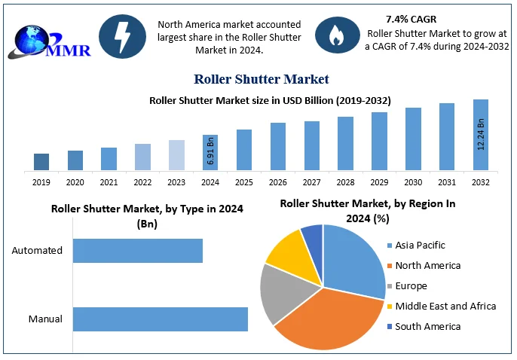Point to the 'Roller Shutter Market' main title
click(261, 79)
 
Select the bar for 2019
click(41, 162)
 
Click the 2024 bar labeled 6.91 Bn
click(210, 152)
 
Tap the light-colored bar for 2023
click(176, 155)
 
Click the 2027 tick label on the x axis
click(311, 182)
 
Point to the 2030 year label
click(413, 182)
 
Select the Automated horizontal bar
click(138, 251)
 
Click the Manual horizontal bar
click(161, 319)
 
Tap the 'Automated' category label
click(37, 251)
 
